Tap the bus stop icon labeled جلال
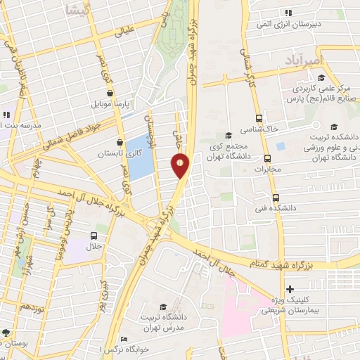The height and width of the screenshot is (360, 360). tap(94, 236)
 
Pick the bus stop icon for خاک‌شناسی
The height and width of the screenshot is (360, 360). tap(259, 118)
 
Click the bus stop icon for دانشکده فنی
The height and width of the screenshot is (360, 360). tap(276, 198)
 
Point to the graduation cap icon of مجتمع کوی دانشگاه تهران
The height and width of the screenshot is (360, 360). tap(227, 135)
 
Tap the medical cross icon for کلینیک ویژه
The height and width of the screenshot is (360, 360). tap(290, 290)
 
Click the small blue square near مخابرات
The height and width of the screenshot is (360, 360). tap(281, 146)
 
